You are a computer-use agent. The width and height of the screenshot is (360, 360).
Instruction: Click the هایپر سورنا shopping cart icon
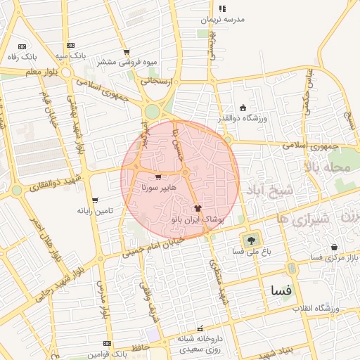(x=157, y=178)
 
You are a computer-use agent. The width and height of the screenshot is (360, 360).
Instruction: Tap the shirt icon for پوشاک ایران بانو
(x=197, y=208)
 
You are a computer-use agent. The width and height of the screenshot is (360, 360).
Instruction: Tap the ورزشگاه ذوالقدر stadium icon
(x=243, y=108)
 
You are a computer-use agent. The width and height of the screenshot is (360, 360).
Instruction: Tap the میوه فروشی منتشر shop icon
(x=127, y=52)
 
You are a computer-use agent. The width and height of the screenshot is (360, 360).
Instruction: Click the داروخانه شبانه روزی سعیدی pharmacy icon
(x=200, y=328)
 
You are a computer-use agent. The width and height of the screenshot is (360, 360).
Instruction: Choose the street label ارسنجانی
(x=155, y=81)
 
